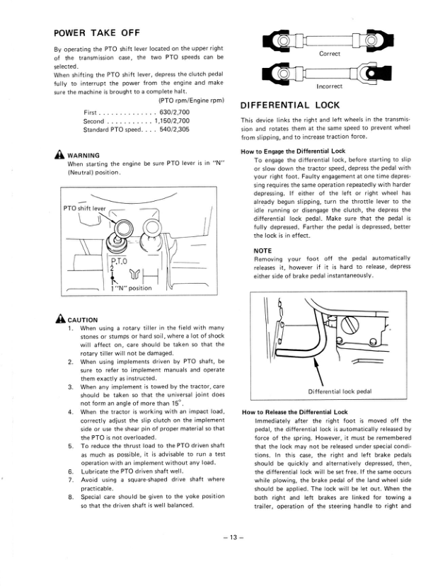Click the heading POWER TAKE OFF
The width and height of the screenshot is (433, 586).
pos(97,33)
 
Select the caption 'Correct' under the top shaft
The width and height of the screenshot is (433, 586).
pos(330,54)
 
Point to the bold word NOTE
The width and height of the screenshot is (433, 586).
pos(262,251)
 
